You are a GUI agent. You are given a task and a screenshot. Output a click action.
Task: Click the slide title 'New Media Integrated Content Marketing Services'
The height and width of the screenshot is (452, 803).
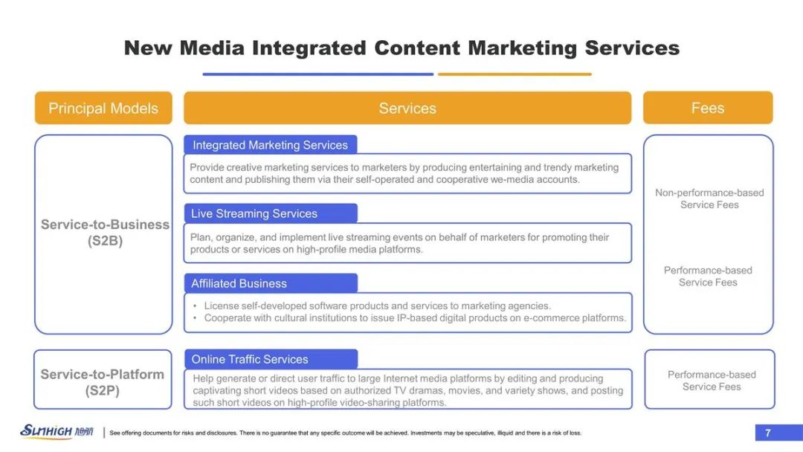coord(401,48)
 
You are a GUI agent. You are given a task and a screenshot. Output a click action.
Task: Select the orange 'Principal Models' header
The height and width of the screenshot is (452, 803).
coord(103,108)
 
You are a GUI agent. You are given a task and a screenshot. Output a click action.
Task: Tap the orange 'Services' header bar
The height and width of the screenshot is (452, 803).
coord(407,108)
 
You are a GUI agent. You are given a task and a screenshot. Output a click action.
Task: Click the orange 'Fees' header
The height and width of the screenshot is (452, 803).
coord(708,108)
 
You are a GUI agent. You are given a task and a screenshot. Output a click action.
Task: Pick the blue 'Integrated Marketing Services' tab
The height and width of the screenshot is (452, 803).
coord(271,145)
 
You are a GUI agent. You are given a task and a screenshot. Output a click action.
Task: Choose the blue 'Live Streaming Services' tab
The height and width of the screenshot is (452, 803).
coord(271,213)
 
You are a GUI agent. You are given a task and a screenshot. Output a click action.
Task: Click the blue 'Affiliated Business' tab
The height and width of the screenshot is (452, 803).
coord(271,283)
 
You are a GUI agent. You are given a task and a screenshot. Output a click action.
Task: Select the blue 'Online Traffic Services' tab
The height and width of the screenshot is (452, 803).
coord(271,359)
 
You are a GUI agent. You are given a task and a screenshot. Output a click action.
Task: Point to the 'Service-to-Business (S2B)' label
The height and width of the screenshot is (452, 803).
coord(105,233)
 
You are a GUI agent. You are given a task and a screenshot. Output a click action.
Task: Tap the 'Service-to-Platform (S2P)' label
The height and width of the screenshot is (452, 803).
coord(103,382)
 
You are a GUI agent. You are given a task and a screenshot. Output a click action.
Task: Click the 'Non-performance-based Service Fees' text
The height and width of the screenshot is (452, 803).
coord(709,198)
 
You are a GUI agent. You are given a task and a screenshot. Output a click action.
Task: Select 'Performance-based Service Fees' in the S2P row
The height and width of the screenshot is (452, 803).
coord(712,381)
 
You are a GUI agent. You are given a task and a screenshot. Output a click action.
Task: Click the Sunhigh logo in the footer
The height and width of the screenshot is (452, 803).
coord(57,431)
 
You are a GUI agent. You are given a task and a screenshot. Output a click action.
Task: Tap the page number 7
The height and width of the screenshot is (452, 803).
coord(767,433)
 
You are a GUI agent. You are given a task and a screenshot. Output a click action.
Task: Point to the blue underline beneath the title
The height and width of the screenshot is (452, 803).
coord(318,74)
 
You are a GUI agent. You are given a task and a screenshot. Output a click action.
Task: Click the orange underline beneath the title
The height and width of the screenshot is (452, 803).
coord(515,74)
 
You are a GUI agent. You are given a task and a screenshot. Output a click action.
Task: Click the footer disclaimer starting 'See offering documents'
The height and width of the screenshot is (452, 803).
coord(346,433)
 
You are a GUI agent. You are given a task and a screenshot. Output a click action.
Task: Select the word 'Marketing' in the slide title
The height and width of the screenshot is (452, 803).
coord(523,48)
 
